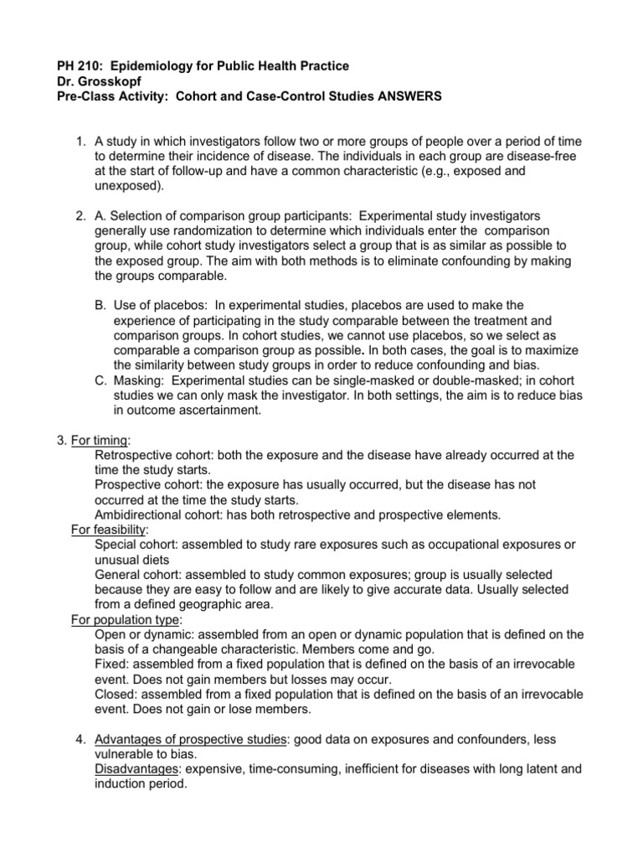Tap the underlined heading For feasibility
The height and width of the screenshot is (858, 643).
[x=109, y=530]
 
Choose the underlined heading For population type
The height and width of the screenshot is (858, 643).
[x=125, y=620]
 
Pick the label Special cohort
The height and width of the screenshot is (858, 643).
[x=137, y=545]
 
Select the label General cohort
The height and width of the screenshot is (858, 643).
[x=138, y=575]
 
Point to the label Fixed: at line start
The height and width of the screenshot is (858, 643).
[x=111, y=664]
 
